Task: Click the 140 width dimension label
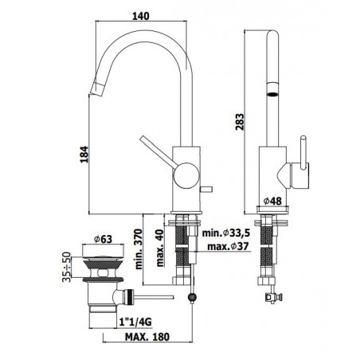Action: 141,16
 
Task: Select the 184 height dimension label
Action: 84,155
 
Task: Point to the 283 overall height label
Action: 240,122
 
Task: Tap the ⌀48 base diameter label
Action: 272,201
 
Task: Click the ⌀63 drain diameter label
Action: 103,239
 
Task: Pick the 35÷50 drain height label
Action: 67,267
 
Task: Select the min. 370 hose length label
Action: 139,249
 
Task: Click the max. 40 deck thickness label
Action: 160,248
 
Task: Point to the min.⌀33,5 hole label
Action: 226,233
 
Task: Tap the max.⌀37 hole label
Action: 228,246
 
